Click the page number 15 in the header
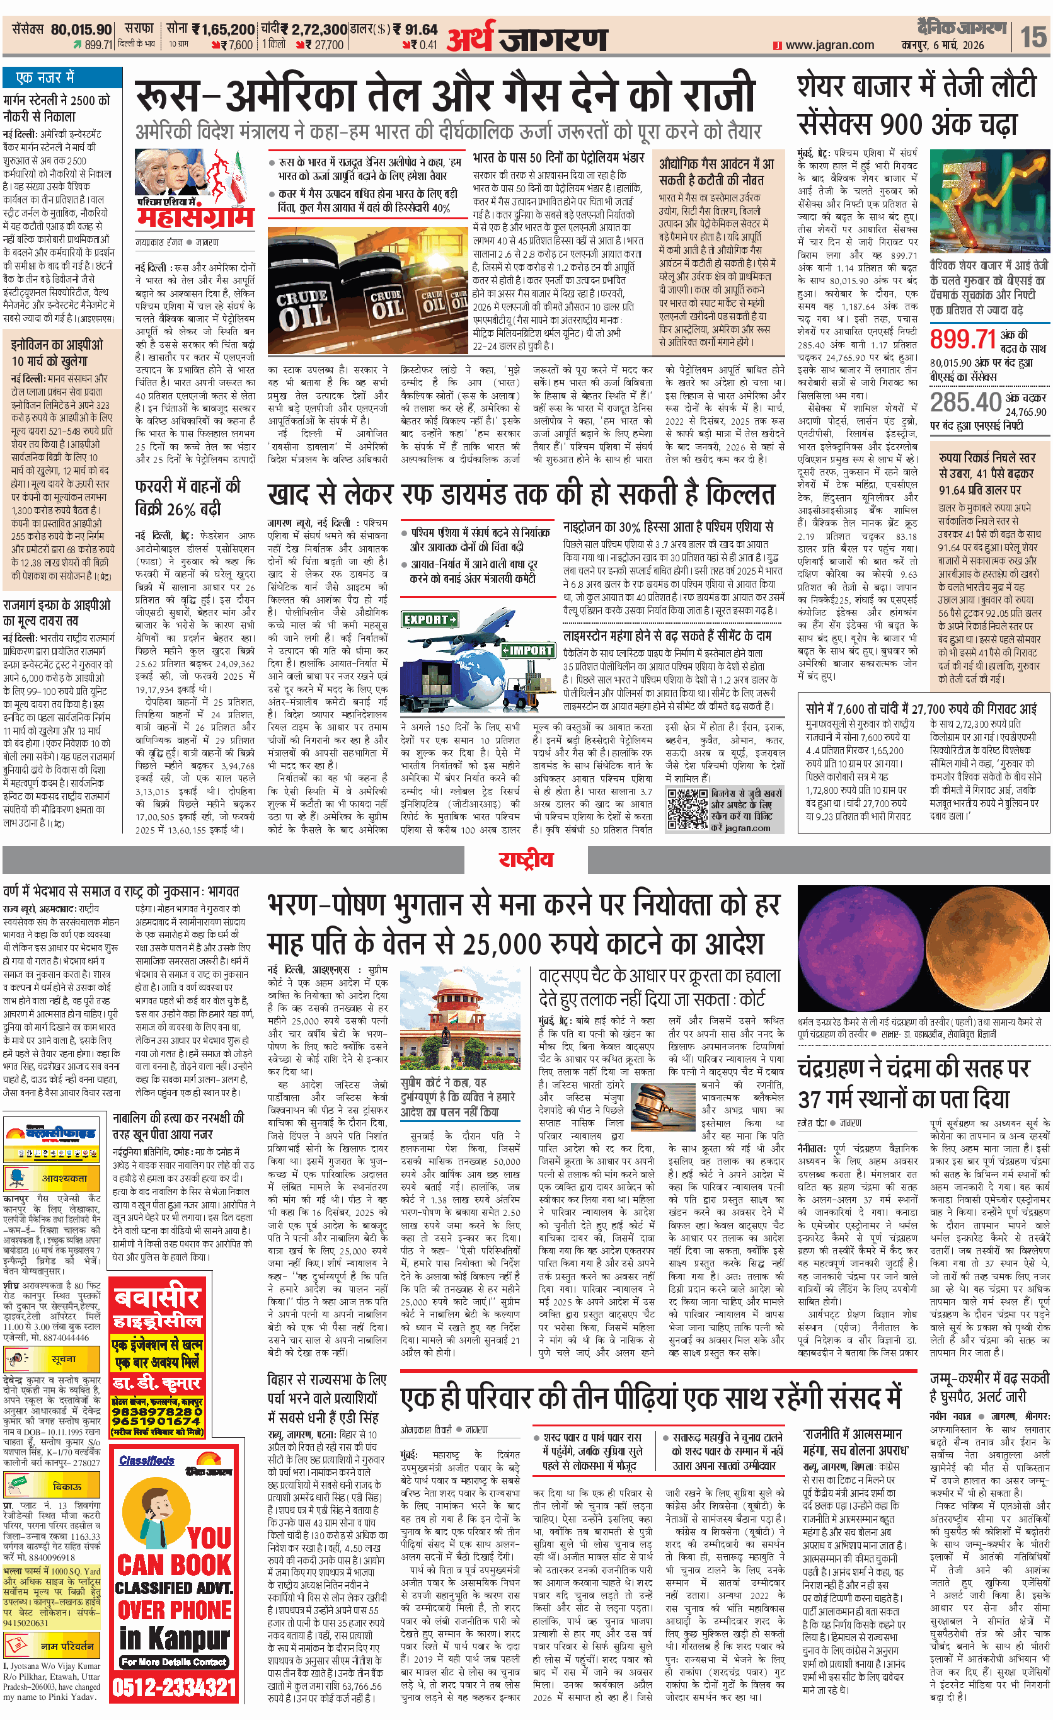pos(1034,36)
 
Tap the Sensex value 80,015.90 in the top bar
pos(81,30)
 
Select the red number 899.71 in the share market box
pos(962,338)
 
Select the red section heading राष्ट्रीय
pos(526,859)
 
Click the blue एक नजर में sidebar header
pos(46,77)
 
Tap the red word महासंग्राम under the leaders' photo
pos(195,219)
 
